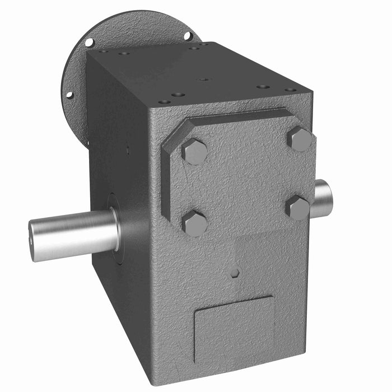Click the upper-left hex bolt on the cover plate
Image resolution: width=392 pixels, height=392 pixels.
coord(194,151)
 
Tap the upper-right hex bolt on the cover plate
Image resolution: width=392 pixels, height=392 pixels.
coord(301,138)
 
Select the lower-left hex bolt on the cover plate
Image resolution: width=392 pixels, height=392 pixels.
coord(195,223)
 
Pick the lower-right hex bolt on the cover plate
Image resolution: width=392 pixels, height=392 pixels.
coord(298,208)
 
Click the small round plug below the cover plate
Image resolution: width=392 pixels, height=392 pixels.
coord(236,273)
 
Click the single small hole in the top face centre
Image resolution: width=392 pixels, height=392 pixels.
coord(204,79)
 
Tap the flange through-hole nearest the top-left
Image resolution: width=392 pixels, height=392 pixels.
coord(89,41)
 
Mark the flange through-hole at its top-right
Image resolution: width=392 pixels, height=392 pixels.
coord(188,36)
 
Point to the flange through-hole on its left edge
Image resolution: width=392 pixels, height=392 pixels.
coord(69,95)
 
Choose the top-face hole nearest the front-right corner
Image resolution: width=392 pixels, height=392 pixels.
coord(290,90)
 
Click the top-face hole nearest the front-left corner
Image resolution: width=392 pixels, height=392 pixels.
coord(164,102)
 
